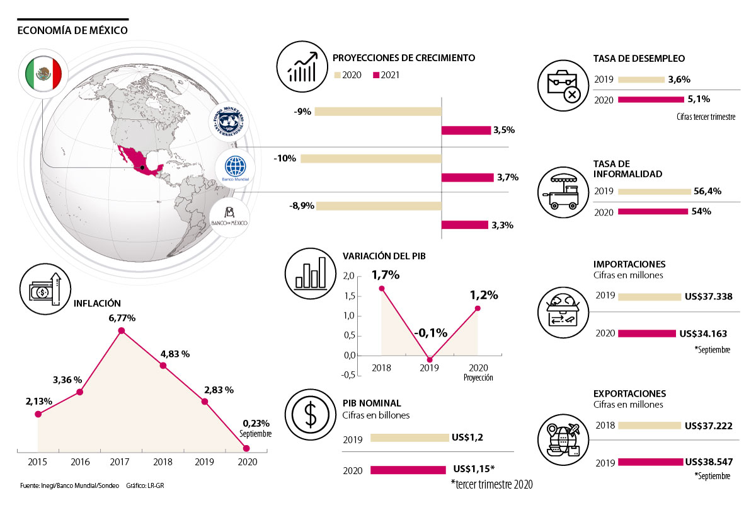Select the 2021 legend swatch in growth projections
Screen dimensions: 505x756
[x=377, y=75]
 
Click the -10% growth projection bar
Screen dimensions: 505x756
[x=370, y=158]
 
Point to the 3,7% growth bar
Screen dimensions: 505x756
[x=467, y=178]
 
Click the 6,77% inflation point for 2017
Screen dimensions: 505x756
[x=122, y=330]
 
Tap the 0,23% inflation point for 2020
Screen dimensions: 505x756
[x=246, y=448]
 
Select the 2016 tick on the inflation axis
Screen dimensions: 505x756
[x=80, y=462]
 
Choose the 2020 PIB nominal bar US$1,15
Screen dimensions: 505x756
[x=408, y=470]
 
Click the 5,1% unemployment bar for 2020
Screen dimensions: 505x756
[x=651, y=99]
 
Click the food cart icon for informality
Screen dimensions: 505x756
[x=562, y=191]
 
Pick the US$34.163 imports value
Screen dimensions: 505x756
[x=704, y=333]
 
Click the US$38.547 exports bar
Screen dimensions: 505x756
[x=650, y=461]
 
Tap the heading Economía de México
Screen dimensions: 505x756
[x=73, y=30]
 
